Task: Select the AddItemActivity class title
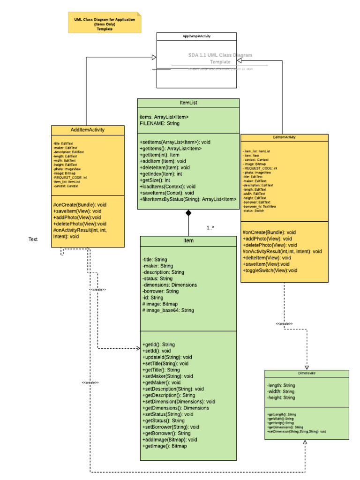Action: [87, 130]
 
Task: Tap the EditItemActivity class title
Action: [284, 137]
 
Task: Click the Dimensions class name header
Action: [307, 373]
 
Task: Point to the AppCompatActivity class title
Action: [196, 36]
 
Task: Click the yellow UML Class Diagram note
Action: [105, 22]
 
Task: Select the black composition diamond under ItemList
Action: [188, 213]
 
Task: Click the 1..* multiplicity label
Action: [210, 228]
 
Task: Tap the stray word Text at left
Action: [33, 240]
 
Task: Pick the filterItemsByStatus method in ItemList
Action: [187, 200]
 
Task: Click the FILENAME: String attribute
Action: [159, 123]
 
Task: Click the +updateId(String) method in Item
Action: [167, 357]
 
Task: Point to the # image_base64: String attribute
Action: [168, 310]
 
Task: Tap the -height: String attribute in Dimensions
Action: [281, 397]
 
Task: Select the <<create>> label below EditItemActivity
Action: [284, 324]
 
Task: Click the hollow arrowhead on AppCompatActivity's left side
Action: [153, 57]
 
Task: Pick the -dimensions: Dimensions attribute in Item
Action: [169, 285]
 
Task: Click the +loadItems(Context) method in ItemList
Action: [167, 186]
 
